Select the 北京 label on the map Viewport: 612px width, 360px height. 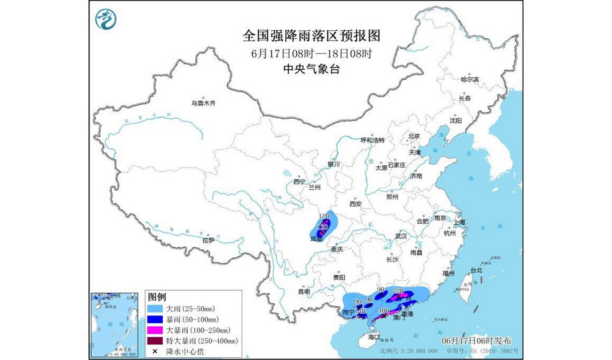point(413,136)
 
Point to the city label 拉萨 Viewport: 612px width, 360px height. point(208,240)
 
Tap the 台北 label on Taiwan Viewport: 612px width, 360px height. point(476,271)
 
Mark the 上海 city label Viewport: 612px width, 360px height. point(459,222)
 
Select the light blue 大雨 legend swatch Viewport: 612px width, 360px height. point(156,307)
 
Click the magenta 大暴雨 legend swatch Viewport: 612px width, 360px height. point(156,329)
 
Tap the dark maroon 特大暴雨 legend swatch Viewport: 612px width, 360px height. point(156,340)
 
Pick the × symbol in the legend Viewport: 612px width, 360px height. point(156,351)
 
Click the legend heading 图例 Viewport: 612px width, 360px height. point(157,297)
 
